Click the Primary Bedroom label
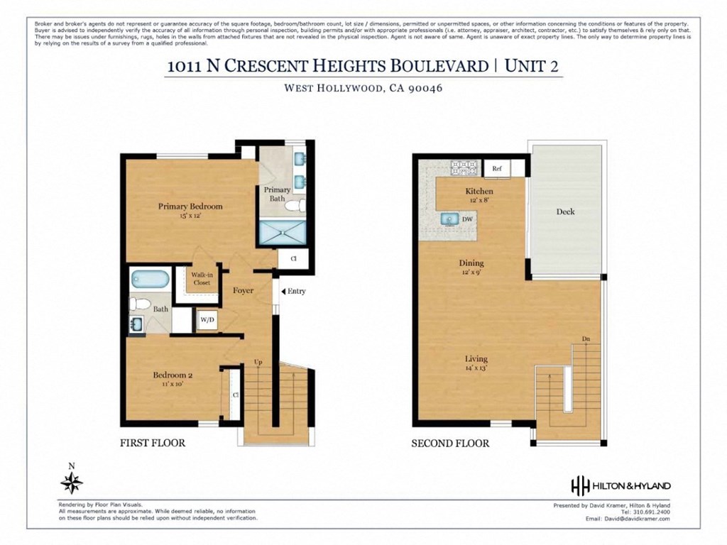190,207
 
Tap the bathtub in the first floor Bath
150,279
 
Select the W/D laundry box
207,320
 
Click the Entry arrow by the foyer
283,291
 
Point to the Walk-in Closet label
201,278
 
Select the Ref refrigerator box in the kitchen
497,169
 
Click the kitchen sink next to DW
449,219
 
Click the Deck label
565,211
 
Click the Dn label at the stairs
586,339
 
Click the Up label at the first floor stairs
258,363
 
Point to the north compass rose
71,483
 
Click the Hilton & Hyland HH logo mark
580,485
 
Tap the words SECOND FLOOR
450,444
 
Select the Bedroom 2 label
173,375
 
